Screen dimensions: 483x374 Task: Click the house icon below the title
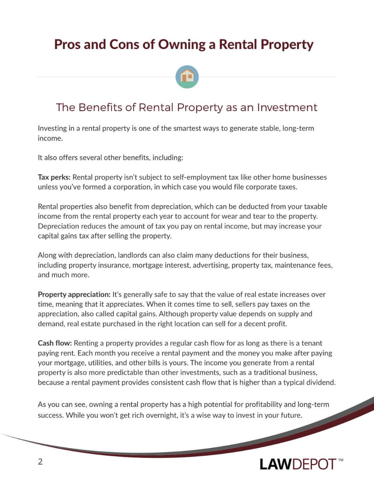(187, 77)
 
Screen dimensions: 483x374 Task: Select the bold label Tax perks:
(54, 177)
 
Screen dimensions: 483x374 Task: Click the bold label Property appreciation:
(74, 294)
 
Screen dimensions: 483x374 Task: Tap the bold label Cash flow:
(55, 343)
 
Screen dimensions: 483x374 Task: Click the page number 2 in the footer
(40, 461)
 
